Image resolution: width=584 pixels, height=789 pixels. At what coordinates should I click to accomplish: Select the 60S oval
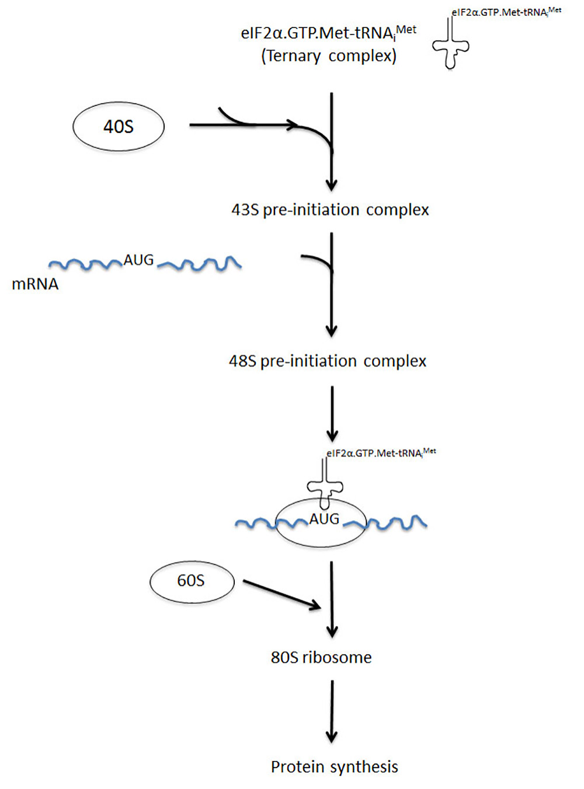click(192, 582)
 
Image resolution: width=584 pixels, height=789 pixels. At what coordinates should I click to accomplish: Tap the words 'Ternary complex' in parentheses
click(329, 57)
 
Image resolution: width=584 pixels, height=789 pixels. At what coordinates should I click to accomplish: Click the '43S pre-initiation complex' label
click(330, 210)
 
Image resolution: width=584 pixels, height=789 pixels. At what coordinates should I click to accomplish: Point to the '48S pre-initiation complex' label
click(328, 361)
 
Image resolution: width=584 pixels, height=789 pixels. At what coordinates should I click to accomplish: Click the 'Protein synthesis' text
click(335, 767)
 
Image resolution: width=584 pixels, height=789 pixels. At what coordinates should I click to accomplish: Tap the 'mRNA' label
click(35, 284)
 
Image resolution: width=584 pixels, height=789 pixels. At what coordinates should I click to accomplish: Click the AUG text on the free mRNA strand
click(138, 260)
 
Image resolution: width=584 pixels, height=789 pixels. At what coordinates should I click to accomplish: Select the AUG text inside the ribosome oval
click(324, 519)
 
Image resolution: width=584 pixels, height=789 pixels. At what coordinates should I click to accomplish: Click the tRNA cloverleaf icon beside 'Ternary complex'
click(451, 43)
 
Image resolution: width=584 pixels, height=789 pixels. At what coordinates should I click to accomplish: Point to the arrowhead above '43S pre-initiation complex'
click(332, 184)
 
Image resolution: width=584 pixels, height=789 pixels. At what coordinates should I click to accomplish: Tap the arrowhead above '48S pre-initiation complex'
click(332, 330)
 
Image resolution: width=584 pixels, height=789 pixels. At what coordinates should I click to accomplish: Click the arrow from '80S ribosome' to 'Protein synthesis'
click(332, 711)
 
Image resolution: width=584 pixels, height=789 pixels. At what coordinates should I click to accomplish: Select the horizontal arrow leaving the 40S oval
click(244, 124)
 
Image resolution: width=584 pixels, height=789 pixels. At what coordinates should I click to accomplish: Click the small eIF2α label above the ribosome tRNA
click(381, 453)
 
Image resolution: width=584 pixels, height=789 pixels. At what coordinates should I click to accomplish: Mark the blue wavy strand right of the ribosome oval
click(385, 523)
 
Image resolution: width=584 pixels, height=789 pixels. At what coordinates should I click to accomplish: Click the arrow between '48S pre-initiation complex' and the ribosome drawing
click(332, 414)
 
